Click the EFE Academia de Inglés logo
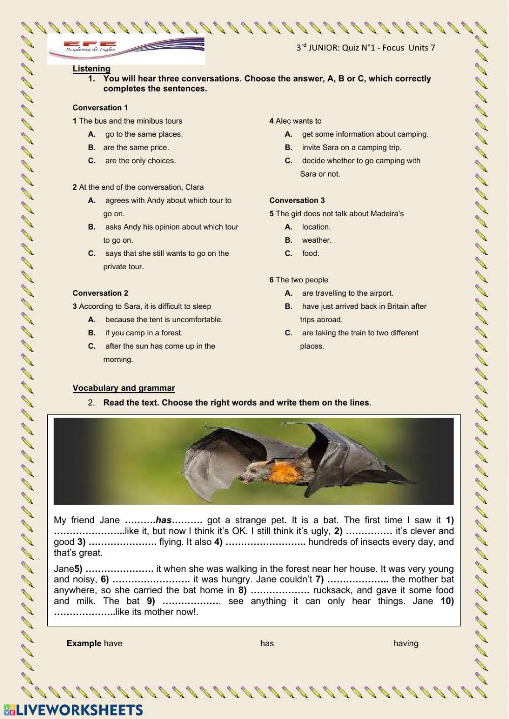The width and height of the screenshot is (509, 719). (x=126, y=49)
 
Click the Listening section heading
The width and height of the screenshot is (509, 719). (x=91, y=69)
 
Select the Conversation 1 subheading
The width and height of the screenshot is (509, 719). (x=100, y=107)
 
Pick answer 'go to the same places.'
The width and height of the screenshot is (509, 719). (x=144, y=134)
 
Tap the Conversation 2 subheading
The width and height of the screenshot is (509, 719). (x=100, y=293)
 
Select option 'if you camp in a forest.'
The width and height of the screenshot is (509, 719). (x=144, y=333)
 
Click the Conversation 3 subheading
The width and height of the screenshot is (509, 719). (x=297, y=200)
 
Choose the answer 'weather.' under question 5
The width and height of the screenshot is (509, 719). (x=316, y=240)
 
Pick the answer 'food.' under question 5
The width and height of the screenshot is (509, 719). (x=310, y=253)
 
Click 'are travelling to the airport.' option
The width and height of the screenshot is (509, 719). (x=347, y=293)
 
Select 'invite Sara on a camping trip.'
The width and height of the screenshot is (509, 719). (x=351, y=148)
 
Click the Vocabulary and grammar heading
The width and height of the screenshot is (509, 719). (x=124, y=388)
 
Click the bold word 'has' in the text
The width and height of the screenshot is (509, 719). (x=163, y=520)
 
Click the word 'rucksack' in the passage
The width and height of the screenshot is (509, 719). (x=333, y=590)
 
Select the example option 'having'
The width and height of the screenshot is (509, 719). (x=406, y=643)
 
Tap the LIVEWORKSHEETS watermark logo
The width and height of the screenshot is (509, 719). (x=73, y=710)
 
